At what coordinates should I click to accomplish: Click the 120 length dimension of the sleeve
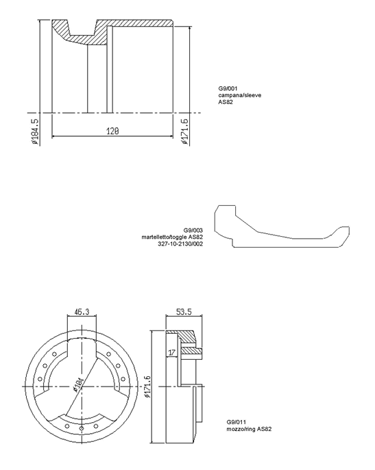point(112,131)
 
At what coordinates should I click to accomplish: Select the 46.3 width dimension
point(82,312)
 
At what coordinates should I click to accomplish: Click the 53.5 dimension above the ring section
point(184,312)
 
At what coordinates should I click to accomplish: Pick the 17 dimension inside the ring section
point(171,352)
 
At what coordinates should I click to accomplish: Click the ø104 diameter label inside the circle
point(78,385)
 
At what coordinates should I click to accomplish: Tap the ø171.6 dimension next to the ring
point(147,387)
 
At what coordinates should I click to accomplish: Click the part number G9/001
point(228,88)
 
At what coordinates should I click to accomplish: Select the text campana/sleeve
point(240,95)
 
